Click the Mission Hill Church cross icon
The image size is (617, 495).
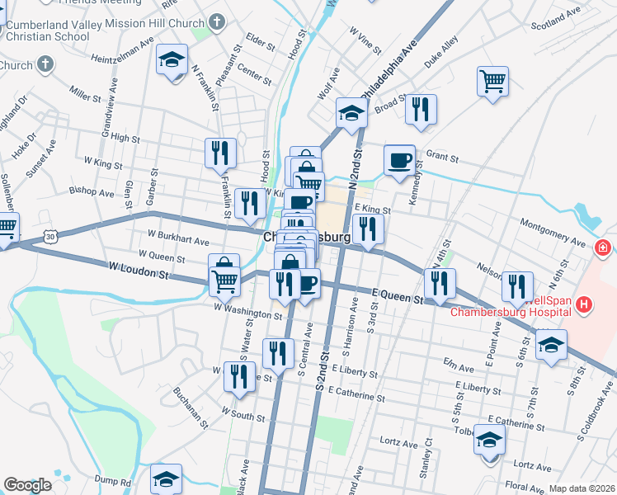(217, 22)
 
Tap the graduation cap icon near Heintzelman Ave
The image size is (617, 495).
(172, 61)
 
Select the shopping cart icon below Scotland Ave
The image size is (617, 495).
(492, 81)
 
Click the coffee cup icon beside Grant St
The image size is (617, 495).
(400, 159)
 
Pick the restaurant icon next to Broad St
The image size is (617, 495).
(421, 109)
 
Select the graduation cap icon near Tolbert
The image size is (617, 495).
(490, 439)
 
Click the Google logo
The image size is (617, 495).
(27, 485)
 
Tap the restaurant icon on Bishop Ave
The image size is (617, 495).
(247, 203)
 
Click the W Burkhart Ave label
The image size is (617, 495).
(179, 240)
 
